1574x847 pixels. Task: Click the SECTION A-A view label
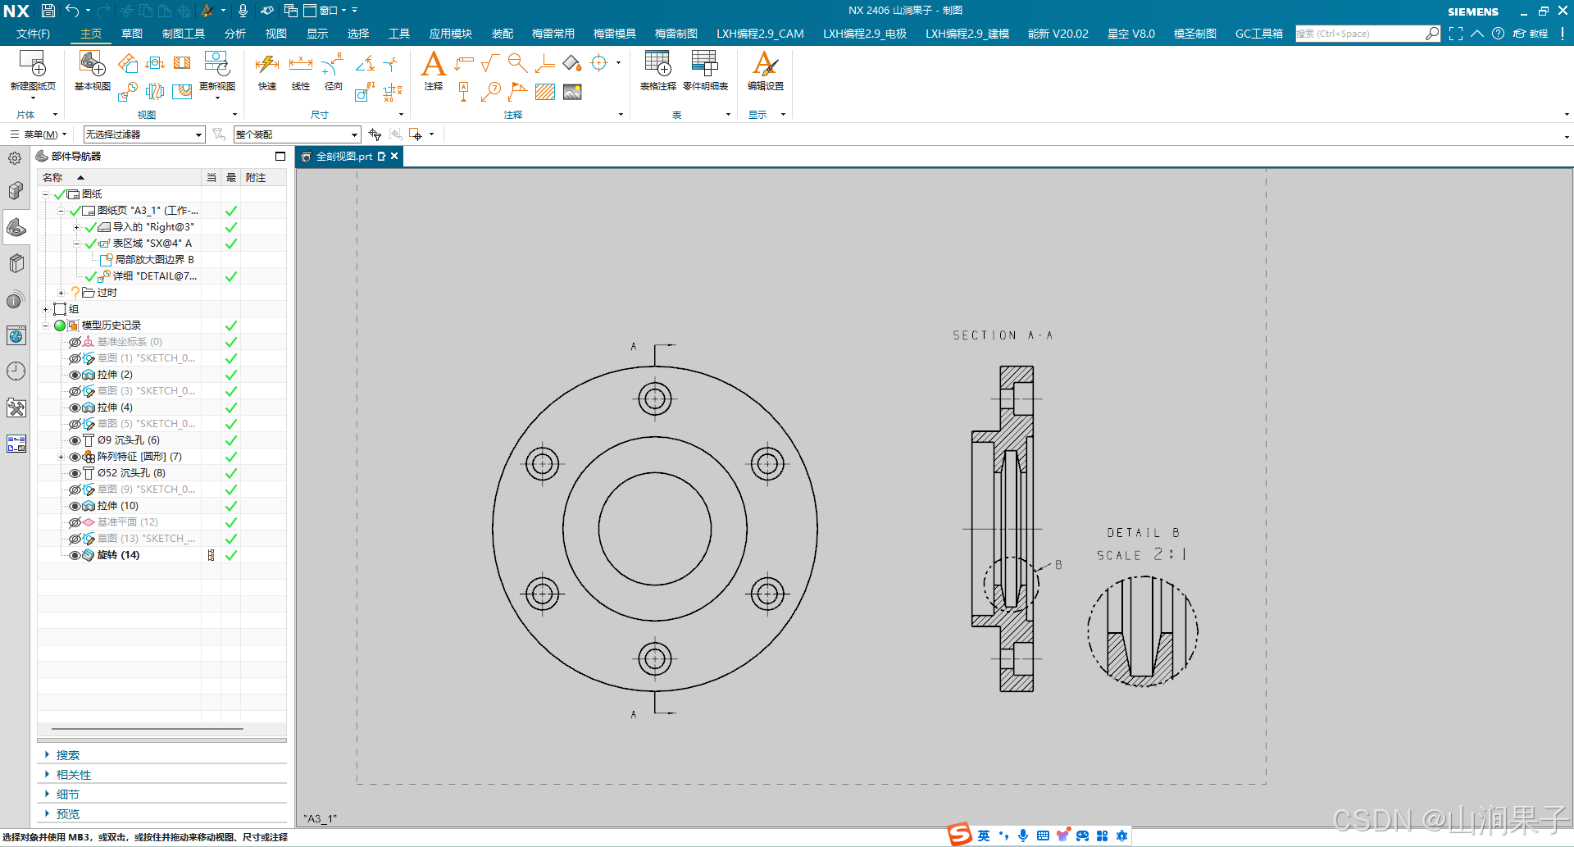1002,335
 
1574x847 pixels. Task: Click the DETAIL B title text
1142,533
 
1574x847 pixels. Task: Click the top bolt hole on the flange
654,399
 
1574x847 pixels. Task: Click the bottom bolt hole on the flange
654,658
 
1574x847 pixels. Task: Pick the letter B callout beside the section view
1058,565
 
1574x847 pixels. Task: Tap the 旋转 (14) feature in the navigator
118,555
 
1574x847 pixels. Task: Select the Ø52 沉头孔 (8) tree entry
130,473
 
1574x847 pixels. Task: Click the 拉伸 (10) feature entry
117,506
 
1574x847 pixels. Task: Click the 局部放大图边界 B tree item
154,260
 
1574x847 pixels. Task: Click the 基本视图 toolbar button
92,71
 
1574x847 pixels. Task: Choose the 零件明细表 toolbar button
704,71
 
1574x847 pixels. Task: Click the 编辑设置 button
765,71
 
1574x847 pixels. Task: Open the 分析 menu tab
235,34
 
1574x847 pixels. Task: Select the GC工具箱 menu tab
1258,34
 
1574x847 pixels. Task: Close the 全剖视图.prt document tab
394,156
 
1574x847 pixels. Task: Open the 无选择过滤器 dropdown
143,134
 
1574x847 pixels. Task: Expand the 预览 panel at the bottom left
68,814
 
